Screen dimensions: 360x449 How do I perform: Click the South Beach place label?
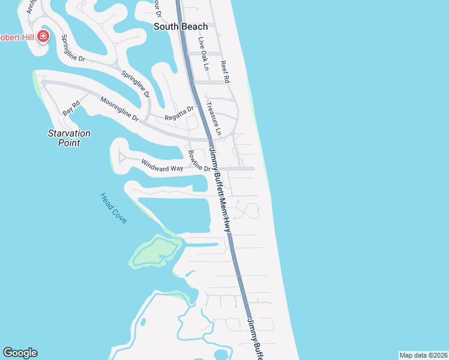pyautogui.click(x=181, y=26)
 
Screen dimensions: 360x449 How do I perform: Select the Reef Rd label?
pyautogui.click(x=225, y=71)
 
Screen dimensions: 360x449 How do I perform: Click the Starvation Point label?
pyautogui.click(x=69, y=138)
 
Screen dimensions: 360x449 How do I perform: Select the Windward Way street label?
pyautogui.click(x=162, y=165)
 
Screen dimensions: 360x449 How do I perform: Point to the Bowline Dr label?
pyautogui.click(x=199, y=161)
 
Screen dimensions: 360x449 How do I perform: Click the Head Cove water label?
pyautogui.click(x=113, y=208)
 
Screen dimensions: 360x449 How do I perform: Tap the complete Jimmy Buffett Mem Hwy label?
pyautogui.click(x=219, y=188)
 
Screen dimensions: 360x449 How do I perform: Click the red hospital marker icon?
pyautogui.click(x=43, y=37)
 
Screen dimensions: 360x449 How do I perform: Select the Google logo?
pyautogui.click(x=20, y=353)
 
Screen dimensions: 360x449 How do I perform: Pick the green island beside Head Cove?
pyautogui.click(x=154, y=251)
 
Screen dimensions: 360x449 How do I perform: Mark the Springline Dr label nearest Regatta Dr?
pyautogui.click(x=136, y=85)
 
